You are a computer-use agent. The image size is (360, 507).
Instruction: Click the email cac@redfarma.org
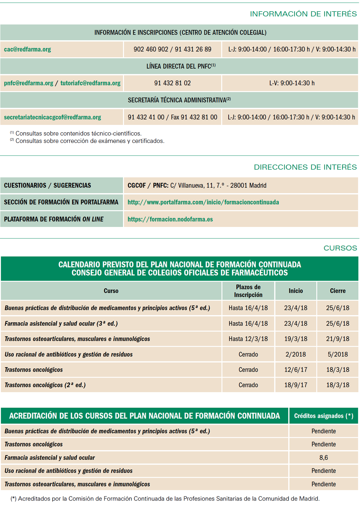(27, 50)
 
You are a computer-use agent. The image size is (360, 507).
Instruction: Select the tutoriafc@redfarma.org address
(90, 83)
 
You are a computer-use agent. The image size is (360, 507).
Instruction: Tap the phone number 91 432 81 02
(172, 83)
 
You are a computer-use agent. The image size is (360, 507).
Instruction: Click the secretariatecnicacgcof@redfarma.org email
(52, 117)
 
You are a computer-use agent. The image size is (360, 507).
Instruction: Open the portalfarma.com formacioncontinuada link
(203, 202)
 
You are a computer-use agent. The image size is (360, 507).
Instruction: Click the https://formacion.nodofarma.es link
(170, 219)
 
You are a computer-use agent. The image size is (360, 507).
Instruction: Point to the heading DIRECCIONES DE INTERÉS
(305, 167)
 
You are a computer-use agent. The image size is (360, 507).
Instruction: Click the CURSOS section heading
(340, 248)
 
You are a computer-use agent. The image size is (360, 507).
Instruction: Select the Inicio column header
(296, 291)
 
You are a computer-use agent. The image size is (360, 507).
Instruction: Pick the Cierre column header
(337, 291)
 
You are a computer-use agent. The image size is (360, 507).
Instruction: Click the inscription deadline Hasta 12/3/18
(248, 339)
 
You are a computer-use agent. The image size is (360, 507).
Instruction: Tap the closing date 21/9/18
(337, 339)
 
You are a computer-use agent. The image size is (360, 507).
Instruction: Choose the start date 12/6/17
(296, 370)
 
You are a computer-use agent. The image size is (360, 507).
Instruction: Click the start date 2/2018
(296, 354)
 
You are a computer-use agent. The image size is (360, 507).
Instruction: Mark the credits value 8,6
(324, 457)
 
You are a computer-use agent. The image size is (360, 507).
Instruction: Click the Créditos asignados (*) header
(324, 416)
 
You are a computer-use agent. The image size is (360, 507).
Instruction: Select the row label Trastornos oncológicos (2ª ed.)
(45, 385)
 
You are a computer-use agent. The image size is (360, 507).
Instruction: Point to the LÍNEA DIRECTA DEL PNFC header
(181, 66)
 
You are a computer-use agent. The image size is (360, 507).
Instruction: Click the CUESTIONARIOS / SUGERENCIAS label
(47, 185)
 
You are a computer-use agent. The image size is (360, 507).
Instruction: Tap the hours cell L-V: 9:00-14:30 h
(292, 83)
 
